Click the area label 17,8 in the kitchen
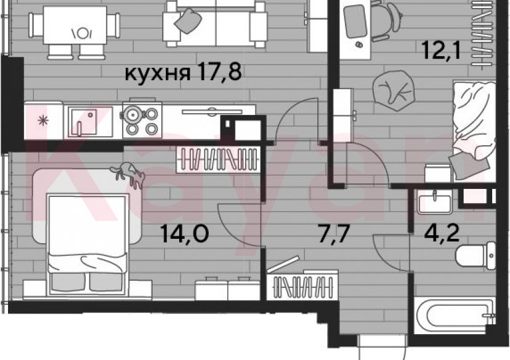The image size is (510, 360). click(x=218, y=73)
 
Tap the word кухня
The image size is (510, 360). click(x=158, y=74)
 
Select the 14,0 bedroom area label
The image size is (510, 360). click(x=184, y=234)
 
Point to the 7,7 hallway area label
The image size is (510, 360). click(x=334, y=234)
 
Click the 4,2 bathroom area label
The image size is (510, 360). click(x=442, y=233)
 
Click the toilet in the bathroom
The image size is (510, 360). click(x=476, y=255)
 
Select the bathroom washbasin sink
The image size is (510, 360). click(x=434, y=202)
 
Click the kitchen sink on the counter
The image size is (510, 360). click(x=84, y=121)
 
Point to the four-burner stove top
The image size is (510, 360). click(x=142, y=120)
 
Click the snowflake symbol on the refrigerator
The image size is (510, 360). click(x=43, y=121)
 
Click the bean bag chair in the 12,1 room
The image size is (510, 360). click(x=394, y=90)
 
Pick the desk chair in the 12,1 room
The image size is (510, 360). click(x=384, y=20)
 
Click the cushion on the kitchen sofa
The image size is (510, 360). click(x=188, y=21)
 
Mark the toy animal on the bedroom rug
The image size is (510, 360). click(x=128, y=175)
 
